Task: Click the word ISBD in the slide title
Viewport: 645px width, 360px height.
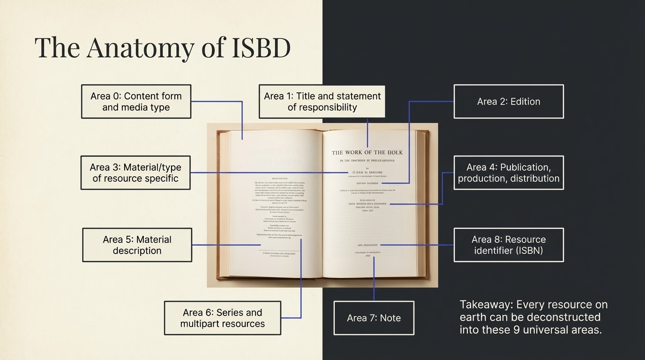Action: click(x=262, y=47)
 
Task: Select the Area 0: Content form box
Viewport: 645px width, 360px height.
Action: click(x=136, y=101)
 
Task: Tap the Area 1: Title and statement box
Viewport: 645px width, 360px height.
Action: click(x=322, y=101)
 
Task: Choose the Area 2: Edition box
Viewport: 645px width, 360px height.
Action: click(x=509, y=101)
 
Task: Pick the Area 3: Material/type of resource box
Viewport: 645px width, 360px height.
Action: click(x=135, y=172)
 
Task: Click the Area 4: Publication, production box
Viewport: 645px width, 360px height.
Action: click(x=509, y=172)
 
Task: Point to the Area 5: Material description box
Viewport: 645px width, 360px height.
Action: click(x=137, y=245)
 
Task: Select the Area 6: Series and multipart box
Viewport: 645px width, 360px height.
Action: click(x=222, y=318)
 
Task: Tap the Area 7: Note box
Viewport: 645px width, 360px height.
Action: click(x=374, y=318)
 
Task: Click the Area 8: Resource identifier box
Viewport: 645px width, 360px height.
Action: click(x=509, y=245)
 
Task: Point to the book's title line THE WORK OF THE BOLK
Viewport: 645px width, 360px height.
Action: click(x=367, y=152)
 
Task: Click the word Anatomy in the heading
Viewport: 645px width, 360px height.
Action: click(x=140, y=47)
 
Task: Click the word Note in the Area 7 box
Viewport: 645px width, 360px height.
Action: click(x=390, y=318)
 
